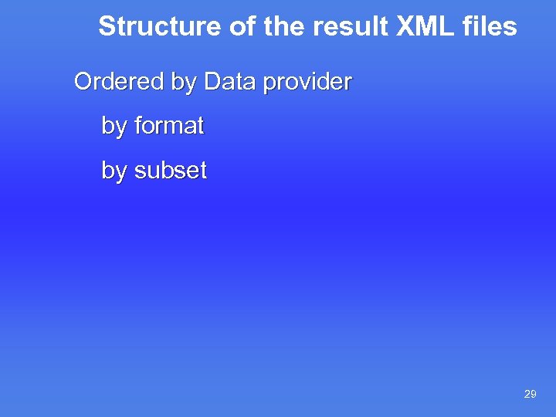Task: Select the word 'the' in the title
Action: [x=283, y=27]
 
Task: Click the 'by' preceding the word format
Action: [x=114, y=127]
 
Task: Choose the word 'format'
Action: [x=169, y=126]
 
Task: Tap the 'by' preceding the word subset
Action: [x=114, y=171]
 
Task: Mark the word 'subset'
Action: [x=171, y=170]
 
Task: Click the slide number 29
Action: [x=530, y=395]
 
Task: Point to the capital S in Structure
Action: [x=107, y=27]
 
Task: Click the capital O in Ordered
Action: [x=83, y=82]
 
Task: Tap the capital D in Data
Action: [x=212, y=82]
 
